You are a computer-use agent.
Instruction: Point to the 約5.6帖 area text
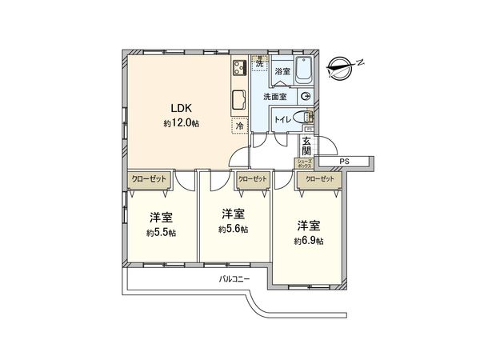coord(233,229)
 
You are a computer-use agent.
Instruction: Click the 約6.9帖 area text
coord(308,240)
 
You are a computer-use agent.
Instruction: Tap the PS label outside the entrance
coord(345,162)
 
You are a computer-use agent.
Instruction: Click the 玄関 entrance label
coord(306,147)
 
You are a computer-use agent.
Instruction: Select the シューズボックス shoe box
coord(305,162)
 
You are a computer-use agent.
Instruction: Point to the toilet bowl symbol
coord(302,118)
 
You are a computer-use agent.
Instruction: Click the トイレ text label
coord(282,118)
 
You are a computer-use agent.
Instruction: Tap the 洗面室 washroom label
coord(276,97)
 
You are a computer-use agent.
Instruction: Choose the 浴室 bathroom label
coord(282,72)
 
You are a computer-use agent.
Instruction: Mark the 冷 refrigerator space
coord(239,126)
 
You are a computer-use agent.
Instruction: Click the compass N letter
coord(361,61)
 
